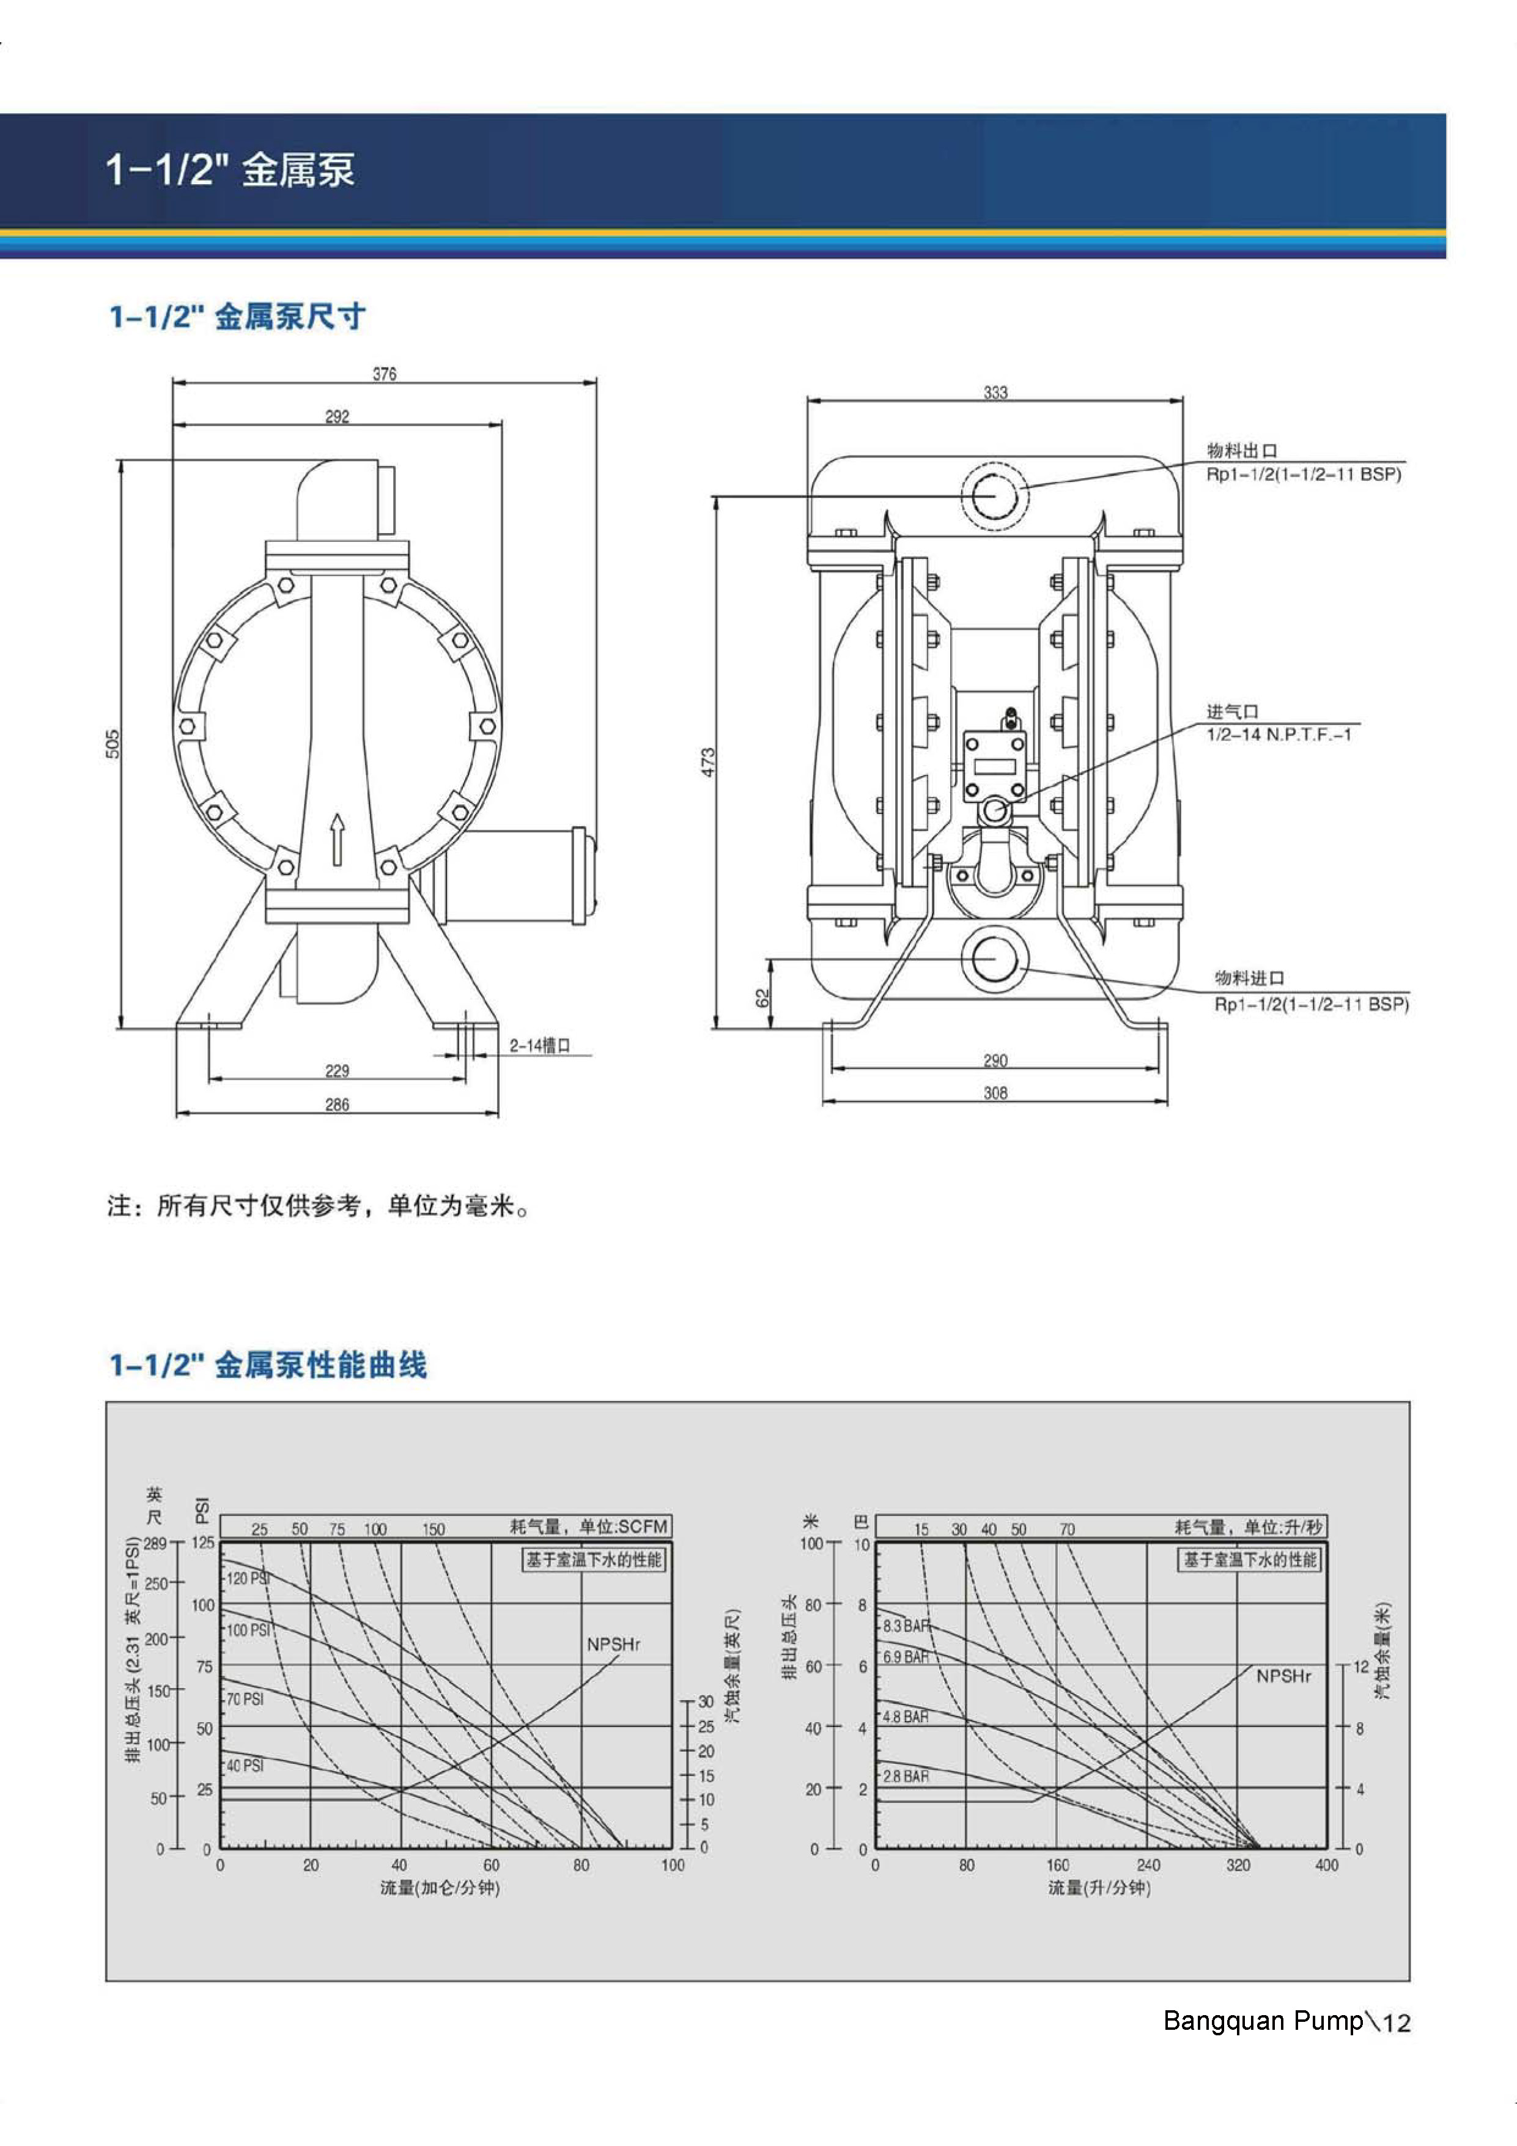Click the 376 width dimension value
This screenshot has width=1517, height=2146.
[384, 374]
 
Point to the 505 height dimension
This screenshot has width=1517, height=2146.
[112, 744]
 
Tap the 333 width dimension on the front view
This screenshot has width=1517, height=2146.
[995, 393]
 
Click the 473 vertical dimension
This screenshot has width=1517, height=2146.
[709, 762]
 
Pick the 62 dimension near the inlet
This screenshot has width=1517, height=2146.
[762, 998]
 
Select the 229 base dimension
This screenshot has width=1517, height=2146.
[338, 1070]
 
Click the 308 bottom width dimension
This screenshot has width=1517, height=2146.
[995, 1093]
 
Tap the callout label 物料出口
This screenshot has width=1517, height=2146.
[1241, 451]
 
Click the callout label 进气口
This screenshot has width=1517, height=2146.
[1232, 712]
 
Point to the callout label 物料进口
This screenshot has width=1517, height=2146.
[1249, 978]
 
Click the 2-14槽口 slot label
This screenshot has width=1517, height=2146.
[539, 1045]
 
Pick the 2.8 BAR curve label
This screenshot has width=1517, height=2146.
[906, 1776]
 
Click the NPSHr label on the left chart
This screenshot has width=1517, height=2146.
[613, 1644]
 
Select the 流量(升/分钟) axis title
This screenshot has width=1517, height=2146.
[1098, 1888]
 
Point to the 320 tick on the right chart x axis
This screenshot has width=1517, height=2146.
[1238, 1865]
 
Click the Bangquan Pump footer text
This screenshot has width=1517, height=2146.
[1263, 2021]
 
